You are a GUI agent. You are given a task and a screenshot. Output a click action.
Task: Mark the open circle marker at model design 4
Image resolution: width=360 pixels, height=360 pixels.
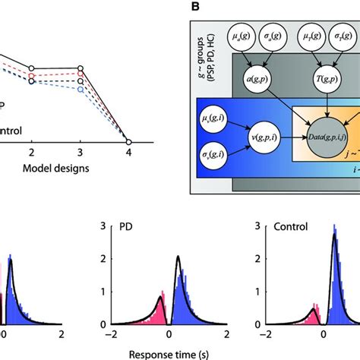point(128,142)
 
